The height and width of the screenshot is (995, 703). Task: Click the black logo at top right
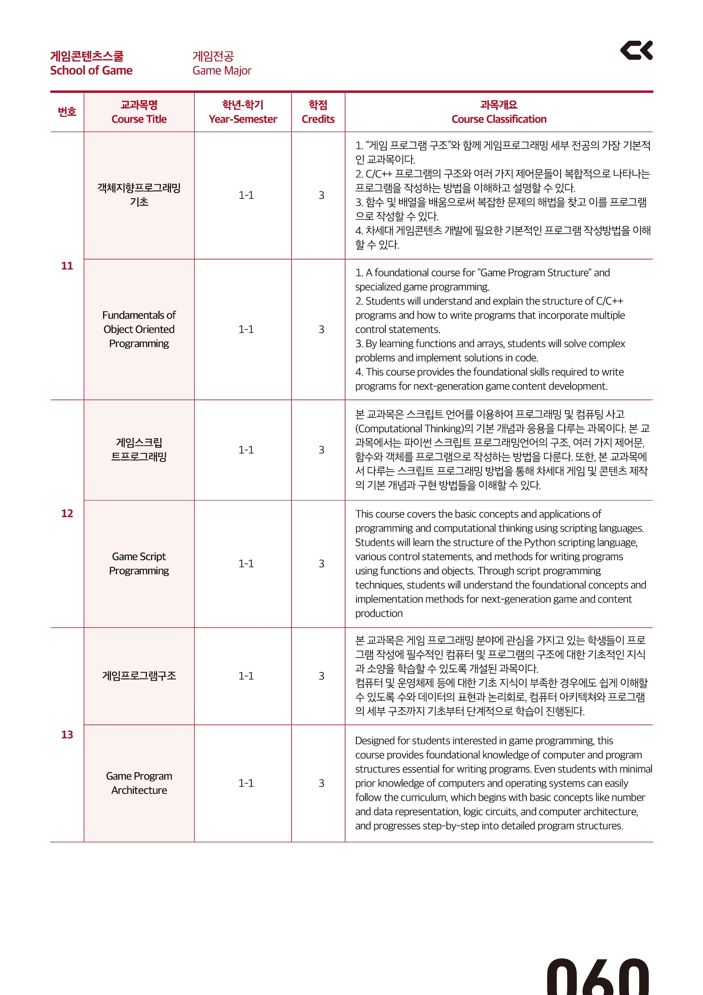636,50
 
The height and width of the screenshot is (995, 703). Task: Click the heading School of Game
91,70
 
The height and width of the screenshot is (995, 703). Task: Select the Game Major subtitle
221,70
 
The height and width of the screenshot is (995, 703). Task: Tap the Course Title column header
139,119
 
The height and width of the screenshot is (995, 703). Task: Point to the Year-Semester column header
243,119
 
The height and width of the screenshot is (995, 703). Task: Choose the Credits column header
318,119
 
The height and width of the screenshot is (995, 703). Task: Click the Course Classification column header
499,119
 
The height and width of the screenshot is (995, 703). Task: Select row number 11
67,266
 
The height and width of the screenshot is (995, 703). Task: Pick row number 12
67,513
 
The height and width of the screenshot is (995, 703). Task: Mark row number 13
67,734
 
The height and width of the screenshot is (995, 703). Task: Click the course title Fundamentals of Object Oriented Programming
139,329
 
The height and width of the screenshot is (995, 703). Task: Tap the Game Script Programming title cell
139,563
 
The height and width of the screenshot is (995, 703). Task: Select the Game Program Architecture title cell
139,783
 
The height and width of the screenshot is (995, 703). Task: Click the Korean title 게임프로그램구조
139,675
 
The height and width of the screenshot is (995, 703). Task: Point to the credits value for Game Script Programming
321,563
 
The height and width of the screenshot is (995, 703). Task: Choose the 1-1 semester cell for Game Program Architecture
246,783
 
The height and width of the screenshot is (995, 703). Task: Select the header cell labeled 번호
67,112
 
